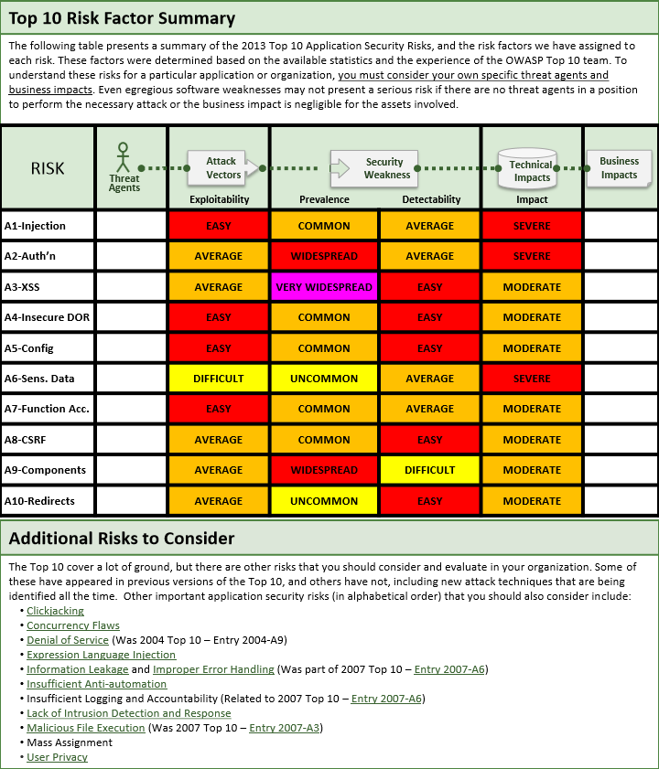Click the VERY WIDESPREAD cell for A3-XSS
pyautogui.click(x=324, y=287)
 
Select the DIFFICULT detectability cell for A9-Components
pyautogui.click(x=429, y=470)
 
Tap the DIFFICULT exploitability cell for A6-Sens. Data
pyautogui.click(x=219, y=379)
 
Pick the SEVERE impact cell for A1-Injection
pyautogui.click(x=532, y=226)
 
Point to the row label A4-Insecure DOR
pyautogui.click(x=46, y=317)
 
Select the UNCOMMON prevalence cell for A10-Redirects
pyautogui.click(x=324, y=501)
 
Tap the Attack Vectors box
pyautogui.click(x=222, y=167)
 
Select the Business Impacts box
pyautogui.click(x=619, y=167)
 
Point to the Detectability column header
pyautogui.click(x=430, y=199)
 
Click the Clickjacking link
pyautogui.click(x=55, y=611)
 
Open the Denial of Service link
pyautogui.click(x=68, y=640)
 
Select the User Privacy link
pyautogui.click(x=57, y=757)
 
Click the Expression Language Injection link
pyautogui.click(x=101, y=655)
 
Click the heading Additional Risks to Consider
pyautogui.click(x=121, y=539)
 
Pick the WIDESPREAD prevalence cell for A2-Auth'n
pyautogui.click(x=324, y=256)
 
